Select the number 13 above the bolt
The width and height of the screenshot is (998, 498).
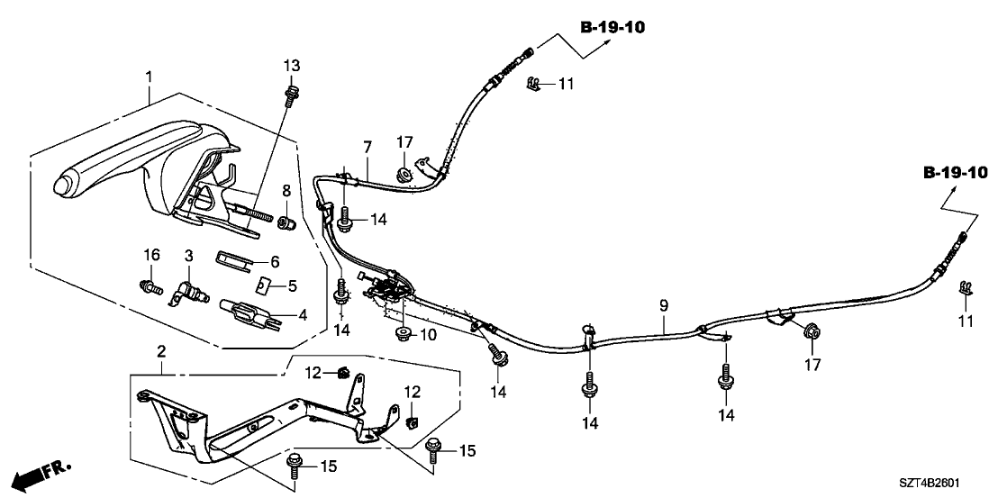coord(291,66)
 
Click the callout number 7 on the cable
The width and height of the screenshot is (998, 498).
coord(367,146)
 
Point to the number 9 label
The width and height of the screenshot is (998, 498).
coord(664,306)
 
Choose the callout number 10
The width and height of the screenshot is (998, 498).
coord(427,335)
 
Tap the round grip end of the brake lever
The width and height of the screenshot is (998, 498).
coord(64,186)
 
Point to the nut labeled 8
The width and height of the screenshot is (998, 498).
coord(286,221)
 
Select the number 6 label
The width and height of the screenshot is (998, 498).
coord(276,261)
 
